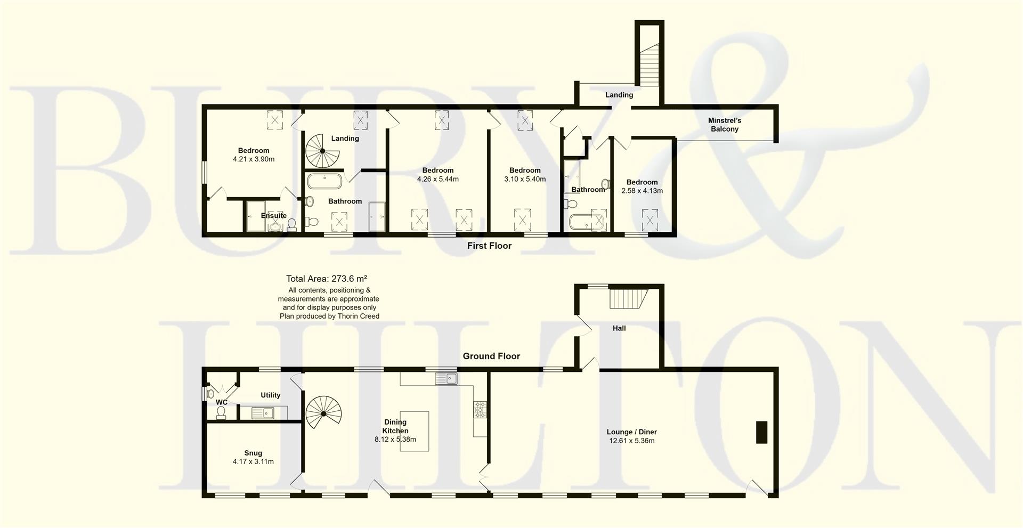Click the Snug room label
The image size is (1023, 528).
pyautogui.click(x=253, y=453)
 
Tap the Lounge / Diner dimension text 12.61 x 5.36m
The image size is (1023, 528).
pyautogui.click(x=631, y=441)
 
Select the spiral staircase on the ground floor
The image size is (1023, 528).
pyautogui.click(x=323, y=413)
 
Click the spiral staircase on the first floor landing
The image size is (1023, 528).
pyautogui.click(x=322, y=150)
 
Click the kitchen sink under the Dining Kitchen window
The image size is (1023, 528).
pyautogui.click(x=446, y=378)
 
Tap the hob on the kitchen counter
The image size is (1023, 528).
pyautogui.click(x=480, y=409)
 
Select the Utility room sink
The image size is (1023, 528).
pyautogui.click(x=263, y=412)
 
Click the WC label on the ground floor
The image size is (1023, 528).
pyautogui.click(x=222, y=402)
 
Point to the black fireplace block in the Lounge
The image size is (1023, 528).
pyautogui.click(x=761, y=432)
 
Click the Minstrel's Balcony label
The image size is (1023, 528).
pyautogui.click(x=724, y=125)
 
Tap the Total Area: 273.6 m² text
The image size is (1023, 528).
pyautogui.click(x=326, y=278)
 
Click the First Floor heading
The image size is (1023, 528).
pyautogui.click(x=489, y=246)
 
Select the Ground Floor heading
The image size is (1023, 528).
pyautogui.click(x=491, y=356)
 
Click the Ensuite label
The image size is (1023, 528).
pyautogui.click(x=273, y=216)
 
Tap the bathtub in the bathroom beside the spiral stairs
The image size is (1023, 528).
pyautogui.click(x=324, y=181)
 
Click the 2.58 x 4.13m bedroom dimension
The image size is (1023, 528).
pyautogui.click(x=642, y=191)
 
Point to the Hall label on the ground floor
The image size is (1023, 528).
pyautogui.click(x=619, y=328)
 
